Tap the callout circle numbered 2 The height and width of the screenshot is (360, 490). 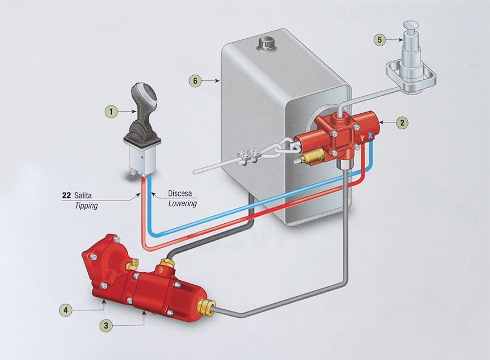pyautogui.click(x=403, y=121)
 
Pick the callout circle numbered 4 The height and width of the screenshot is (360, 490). pyautogui.click(x=67, y=310)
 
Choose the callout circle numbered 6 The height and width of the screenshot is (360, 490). pyautogui.click(x=195, y=81)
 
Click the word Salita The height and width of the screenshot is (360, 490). pyautogui.click(x=83, y=196)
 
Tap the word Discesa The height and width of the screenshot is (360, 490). pyautogui.click(x=181, y=193)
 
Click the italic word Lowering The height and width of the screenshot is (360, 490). pyautogui.click(x=182, y=203)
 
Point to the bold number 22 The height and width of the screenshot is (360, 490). pyautogui.click(x=66, y=196)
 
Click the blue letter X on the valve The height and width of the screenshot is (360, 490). pyautogui.click(x=370, y=137)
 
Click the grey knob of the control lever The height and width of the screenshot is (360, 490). pyautogui.click(x=142, y=97)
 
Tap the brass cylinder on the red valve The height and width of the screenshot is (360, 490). pyautogui.click(x=312, y=156)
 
